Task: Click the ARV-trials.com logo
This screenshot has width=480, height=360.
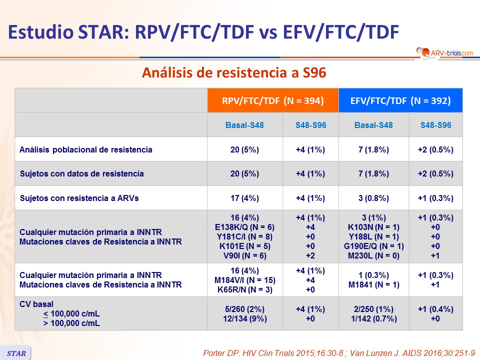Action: (x=444, y=52)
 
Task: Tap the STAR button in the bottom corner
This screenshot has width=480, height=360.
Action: (x=15, y=353)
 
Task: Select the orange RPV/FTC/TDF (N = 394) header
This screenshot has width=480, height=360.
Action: (x=273, y=100)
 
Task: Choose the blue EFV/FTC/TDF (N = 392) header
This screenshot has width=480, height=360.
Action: (x=400, y=100)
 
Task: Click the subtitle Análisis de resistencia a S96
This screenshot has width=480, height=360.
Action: (x=234, y=73)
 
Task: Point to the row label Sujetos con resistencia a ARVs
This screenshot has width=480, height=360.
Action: (x=79, y=198)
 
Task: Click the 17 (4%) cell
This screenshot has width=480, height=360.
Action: (x=244, y=198)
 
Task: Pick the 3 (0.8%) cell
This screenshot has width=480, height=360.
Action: (x=373, y=198)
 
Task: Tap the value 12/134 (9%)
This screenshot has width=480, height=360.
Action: (x=245, y=318)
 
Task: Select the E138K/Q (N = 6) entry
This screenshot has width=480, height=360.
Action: (x=244, y=227)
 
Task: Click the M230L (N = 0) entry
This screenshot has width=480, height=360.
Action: (x=373, y=255)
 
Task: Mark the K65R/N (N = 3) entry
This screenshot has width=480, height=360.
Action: (x=245, y=289)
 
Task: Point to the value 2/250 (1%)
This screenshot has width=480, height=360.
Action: (x=373, y=309)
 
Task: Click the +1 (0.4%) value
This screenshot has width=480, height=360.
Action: (x=435, y=309)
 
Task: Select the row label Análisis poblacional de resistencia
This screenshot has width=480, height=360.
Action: (x=85, y=149)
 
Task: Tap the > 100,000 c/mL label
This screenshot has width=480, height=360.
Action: (x=71, y=323)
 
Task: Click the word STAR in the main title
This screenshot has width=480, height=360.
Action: (x=103, y=32)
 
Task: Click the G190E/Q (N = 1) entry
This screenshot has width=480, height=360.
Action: (x=374, y=246)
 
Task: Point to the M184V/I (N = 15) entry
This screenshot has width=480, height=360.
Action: (x=245, y=280)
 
